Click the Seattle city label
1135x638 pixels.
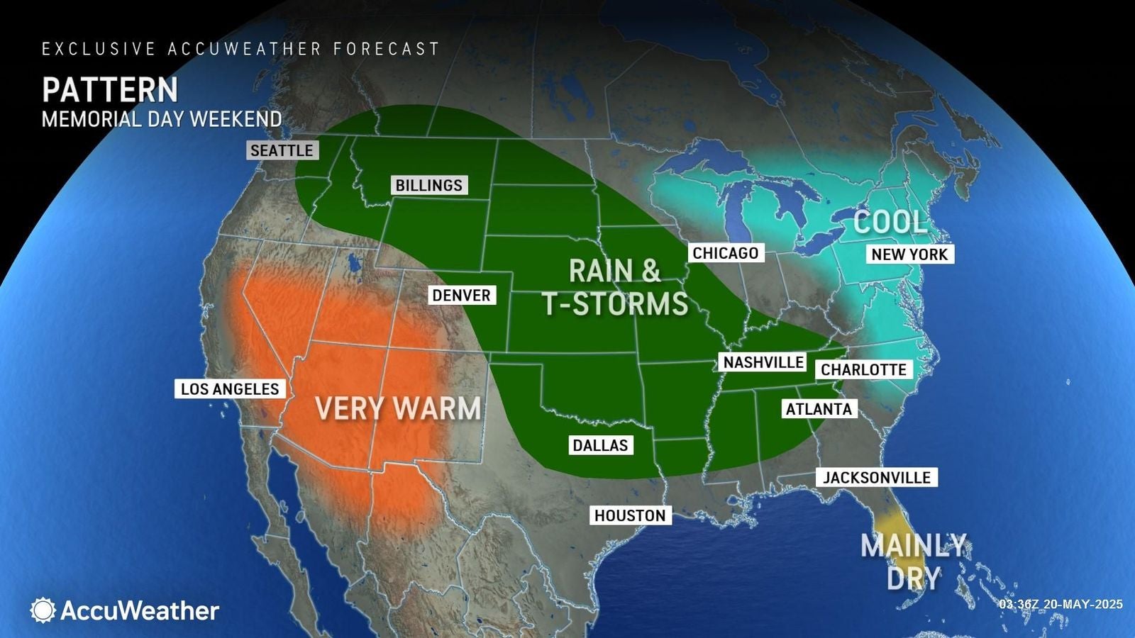pyautogui.click(x=282, y=150)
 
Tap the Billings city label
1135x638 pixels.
pyautogui.click(x=428, y=185)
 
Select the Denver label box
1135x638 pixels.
pyautogui.click(x=461, y=295)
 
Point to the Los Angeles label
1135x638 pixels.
pyautogui.click(x=230, y=388)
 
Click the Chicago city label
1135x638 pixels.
pyautogui.click(x=725, y=253)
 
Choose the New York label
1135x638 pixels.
pyautogui.click(x=909, y=254)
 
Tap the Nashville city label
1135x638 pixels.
pyautogui.click(x=763, y=362)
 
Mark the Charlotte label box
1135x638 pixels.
pyautogui.click(x=863, y=369)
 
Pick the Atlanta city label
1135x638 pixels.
pyautogui.click(x=818, y=409)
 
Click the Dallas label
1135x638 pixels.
pyautogui.click(x=600, y=445)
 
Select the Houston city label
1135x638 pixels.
pyautogui.click(x=630, y=515)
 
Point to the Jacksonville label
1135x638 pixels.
pyautogui.click(x=876, y=477)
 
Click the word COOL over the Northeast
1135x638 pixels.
pyautogui.click(x=890, y=222)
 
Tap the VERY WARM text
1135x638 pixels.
pyautogui.click(x=397, y=408)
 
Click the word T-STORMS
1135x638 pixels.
pyautogui.click(x=616, y=303)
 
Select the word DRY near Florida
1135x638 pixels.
pyautogui.click(x=913, y=578)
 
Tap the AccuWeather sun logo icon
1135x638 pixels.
pyautogui.click(x=43, y=610)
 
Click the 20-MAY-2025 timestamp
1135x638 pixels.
pyautogui.click(x=1083, y=604)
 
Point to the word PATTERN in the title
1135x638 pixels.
pyautogui.click(x=110, y=90)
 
